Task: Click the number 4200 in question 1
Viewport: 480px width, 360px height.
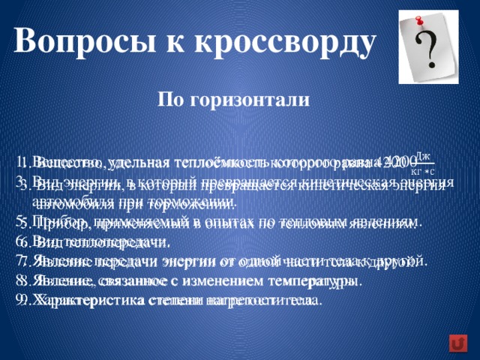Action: (x=396, y=162)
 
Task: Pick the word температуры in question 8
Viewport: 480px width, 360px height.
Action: (x=324, y=281)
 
